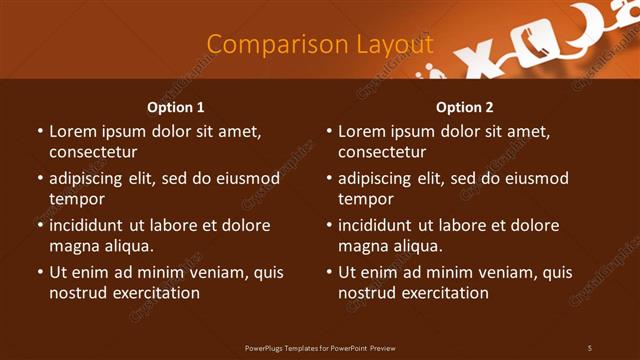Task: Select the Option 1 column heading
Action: point(176,107)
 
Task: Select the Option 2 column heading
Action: point(465,107)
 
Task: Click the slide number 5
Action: point(590,348)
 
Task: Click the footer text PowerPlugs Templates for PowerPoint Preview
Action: point(320,348)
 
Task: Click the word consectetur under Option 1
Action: point(93,152)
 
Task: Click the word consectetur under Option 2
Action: point(382,152)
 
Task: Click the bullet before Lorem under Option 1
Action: point(39,132)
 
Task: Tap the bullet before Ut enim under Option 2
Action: point(328,273)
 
